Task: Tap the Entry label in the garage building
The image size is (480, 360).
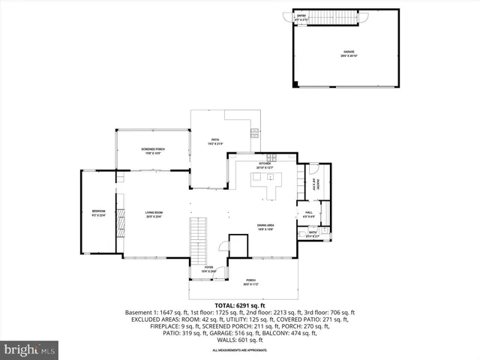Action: tap(301, 16)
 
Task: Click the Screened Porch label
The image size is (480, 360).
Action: tap(153, 151)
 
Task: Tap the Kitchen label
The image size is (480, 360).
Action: tap(265, 164)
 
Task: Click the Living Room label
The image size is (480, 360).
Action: tap(154, 214)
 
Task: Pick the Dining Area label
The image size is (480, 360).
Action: tap(265, 227)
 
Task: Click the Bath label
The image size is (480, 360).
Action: tap(313, 234)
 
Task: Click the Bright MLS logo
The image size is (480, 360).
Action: tap(30, 349)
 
